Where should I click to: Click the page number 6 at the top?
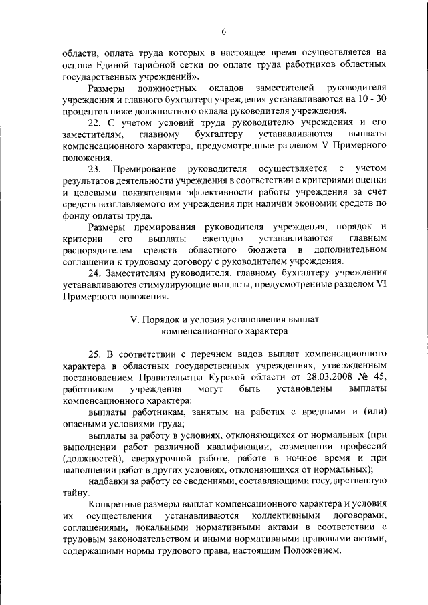tap(224, 32)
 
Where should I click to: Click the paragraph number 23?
tap(96, 168)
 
